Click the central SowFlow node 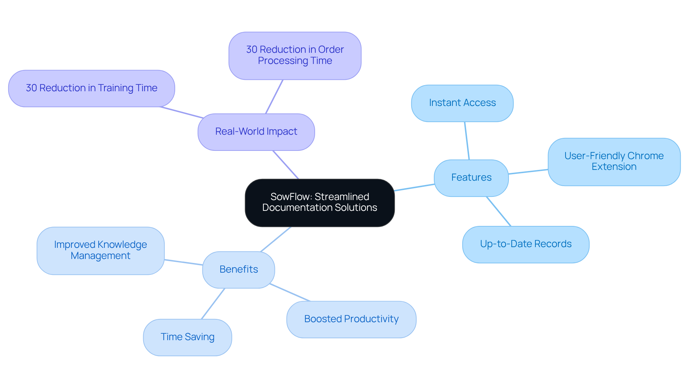point(319,203)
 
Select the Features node point(471,178)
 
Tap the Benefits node point(239,269)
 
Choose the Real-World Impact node point(256,132)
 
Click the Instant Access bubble point(462,103)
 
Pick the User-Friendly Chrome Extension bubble point(614,162)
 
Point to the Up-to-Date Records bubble point(526,244)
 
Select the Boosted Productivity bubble point(351,319)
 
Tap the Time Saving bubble point(187,337)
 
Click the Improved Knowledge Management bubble point(100,250)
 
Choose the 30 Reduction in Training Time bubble point(92,88)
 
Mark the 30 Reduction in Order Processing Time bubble point(295,56)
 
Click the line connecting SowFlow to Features point(414,187)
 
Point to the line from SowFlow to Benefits point(276,239)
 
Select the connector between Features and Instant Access point(467,141)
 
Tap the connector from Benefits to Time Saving point(213,304)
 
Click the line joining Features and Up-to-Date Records point(498,211)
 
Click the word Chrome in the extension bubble point(645,156)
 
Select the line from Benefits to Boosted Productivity point(290,292)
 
